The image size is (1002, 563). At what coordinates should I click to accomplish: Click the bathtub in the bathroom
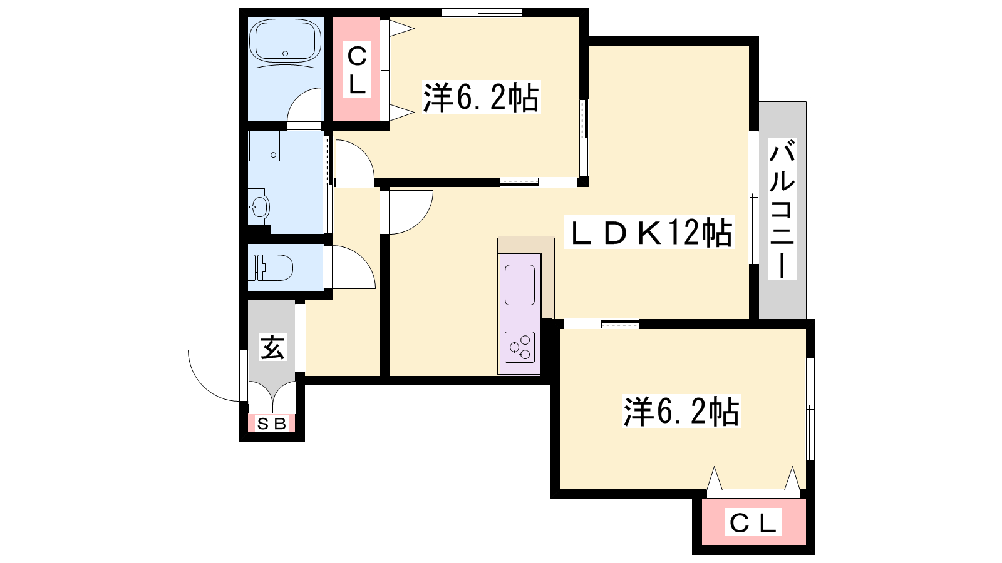click(286, 40)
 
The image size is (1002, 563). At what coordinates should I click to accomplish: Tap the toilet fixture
click(271, 268)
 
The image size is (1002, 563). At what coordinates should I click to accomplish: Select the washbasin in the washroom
click(259, 206)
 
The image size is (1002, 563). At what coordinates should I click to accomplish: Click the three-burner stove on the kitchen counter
click(520, 347)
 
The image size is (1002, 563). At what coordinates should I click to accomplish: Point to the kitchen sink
click(520, 285)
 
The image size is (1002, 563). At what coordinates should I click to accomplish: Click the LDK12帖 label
click(649, 232)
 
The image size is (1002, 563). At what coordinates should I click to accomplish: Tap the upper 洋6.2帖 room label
click(482, 97)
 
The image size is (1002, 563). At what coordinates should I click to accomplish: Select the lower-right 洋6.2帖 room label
click(681, 411)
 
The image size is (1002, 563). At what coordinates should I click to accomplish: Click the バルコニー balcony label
click(782, 209)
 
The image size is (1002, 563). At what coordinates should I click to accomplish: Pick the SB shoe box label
click(272, 424)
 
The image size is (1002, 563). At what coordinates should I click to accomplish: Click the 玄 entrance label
click(272, 347)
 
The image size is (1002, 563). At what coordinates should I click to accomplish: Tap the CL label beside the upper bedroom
click(357, 69)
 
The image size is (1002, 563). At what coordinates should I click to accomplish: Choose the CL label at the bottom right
click(753, 522)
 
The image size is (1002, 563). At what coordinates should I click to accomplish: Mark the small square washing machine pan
click(264, 146)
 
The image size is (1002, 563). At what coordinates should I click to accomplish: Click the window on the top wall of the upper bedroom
click(482, 12)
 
